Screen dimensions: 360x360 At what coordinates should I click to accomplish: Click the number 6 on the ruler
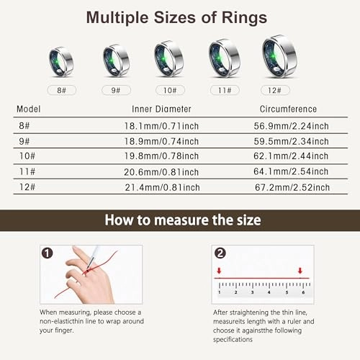[x=302, y=293]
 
